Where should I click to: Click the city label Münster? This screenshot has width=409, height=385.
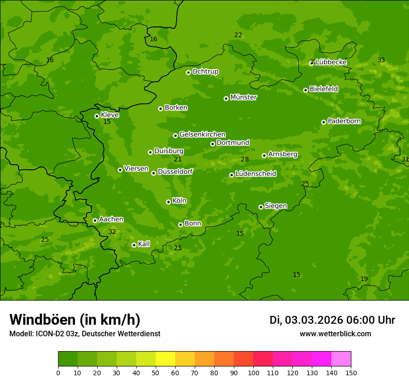(243, 97)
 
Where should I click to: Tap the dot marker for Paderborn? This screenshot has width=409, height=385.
(323, 122)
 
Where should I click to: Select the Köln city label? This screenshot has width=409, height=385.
(179, 201)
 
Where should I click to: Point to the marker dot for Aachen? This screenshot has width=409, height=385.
(95, 220)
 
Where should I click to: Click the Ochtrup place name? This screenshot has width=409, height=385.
(205, 71)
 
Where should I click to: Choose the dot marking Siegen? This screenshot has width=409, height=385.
(261, 207)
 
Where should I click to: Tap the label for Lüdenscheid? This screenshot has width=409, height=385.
(256, 174)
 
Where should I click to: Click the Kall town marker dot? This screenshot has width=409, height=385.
(134, 245)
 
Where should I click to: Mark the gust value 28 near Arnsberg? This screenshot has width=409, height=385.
(244, 160)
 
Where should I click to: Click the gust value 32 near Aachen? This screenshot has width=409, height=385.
(112, 231)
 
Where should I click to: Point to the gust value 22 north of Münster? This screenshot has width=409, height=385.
(238, 35)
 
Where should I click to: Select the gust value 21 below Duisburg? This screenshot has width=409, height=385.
(178, 160)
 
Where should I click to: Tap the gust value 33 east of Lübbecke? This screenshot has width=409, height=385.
(381, 60)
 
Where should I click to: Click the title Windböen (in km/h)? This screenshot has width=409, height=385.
(75, 320)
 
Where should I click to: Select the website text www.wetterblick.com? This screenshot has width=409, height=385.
(335, 334)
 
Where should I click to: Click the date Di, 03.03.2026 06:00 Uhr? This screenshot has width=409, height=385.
(332, 320)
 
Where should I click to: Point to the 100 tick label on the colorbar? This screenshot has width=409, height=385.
(253, 372)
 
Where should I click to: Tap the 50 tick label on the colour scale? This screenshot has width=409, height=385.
(156, 372)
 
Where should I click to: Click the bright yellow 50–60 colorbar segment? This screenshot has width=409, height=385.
(165, 359)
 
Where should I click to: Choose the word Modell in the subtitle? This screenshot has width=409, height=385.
(21, 334)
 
